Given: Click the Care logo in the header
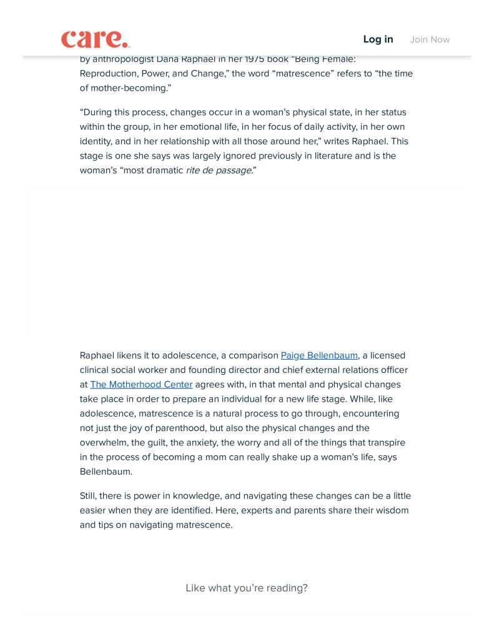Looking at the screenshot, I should [95, 39].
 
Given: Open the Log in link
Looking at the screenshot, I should [378, 39].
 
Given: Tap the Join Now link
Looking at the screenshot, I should [430, 39].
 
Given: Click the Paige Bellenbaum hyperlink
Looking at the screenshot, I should [319, 355].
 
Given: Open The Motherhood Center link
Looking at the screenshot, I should [141, 384].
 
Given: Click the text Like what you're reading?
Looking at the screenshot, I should [247, 588].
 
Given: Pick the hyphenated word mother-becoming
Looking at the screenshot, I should [124, 88].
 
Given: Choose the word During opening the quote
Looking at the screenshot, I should [99, 112].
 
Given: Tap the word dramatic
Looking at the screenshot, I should [165, 171].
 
